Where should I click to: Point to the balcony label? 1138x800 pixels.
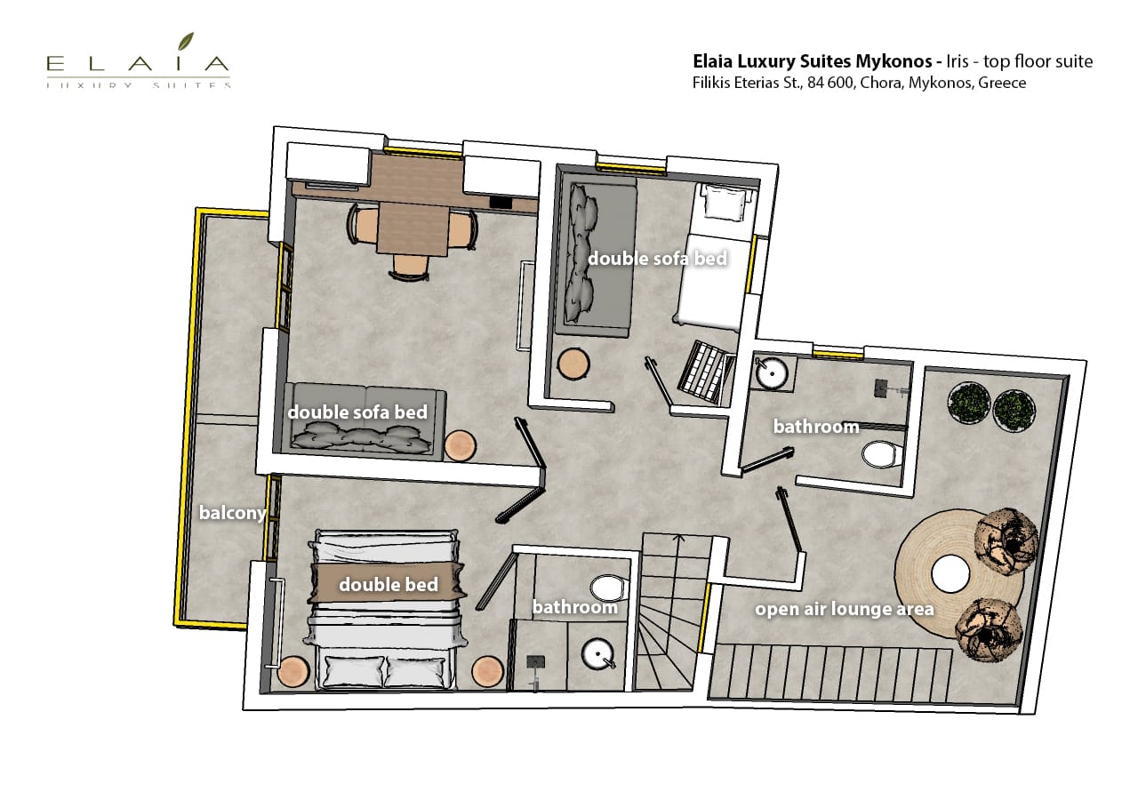[232, 513]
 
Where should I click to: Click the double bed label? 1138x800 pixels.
[389, 584]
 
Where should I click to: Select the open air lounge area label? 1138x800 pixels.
[845, 609]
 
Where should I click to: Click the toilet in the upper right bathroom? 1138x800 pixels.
[881, 453]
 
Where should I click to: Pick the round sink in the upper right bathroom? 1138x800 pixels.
[772, 372]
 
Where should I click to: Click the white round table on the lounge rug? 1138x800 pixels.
[950, 573]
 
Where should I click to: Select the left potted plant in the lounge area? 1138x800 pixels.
[969, 403]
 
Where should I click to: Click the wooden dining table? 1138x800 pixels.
[413, 228]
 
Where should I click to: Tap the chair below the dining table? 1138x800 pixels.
[410, 268]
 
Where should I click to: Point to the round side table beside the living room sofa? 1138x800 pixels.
[461, 446]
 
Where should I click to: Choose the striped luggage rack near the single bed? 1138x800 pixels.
[706, 372]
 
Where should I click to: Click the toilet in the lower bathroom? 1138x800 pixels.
[610, 588]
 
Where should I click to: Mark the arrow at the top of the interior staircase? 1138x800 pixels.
[678, 540]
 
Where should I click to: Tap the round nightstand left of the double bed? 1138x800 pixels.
[293, 671]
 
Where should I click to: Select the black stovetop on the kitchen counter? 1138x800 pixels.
[501, 202]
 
